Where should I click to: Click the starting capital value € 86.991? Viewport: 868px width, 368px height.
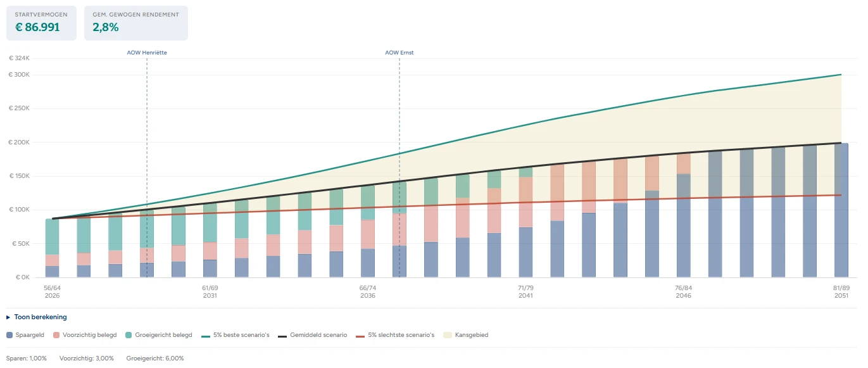(38, 27)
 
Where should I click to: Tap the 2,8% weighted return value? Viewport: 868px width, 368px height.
(106, 27)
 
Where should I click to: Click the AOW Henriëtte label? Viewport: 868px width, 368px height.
(147, 53)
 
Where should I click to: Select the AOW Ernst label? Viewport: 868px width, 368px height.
(399, 53)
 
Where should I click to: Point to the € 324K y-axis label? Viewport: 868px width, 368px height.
(20, 58)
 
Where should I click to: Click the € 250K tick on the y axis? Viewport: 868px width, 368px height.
(20, 108)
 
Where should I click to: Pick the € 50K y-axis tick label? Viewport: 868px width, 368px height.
(21, 243)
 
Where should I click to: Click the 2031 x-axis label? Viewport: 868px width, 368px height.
(210, 296)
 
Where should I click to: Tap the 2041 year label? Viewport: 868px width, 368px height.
(525, 296)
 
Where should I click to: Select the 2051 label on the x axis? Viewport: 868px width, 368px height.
(841, 296)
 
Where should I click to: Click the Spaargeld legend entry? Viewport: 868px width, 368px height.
(29, 334)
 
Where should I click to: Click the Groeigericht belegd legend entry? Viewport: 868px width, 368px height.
(163, 334)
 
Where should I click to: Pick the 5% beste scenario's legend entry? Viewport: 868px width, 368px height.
(241, 334)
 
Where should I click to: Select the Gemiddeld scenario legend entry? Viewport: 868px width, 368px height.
(318, 334)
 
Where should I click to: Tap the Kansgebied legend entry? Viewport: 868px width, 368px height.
(471, 334)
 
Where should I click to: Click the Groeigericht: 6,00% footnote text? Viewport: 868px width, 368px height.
(155, 358)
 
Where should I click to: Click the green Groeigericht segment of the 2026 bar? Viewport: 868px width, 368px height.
(52, 237)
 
